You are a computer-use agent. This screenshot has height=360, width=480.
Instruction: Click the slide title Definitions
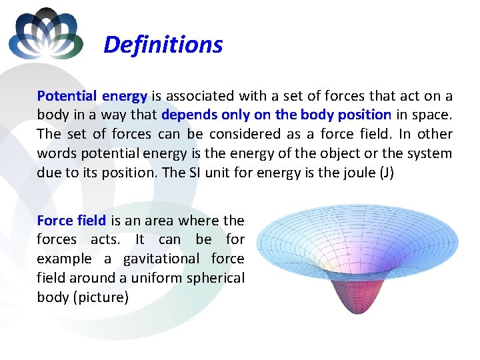point(163,45)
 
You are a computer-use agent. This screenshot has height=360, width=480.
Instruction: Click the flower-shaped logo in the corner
point(46,34)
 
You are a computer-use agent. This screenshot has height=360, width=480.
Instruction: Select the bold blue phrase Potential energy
point(93,95)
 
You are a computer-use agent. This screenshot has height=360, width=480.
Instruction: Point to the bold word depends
point(189,115)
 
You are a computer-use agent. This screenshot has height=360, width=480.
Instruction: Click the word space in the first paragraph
point(432,115)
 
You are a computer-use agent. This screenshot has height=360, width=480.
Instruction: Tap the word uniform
point(153,278)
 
